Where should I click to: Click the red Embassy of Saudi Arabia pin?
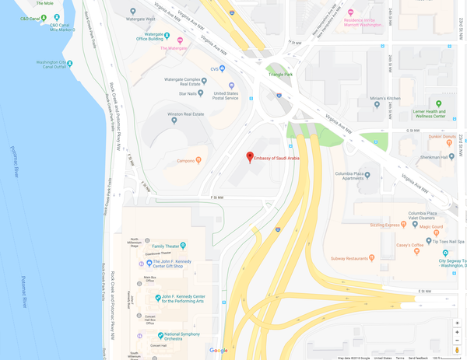(x=250, y=157)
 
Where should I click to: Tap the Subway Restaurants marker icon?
(x=372, y=257)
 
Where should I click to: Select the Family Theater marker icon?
(x=182, y=245)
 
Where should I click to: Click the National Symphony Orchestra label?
(x=184, y=336)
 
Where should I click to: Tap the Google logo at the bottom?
(x=219, y=351)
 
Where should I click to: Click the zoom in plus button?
(x=457, y=332)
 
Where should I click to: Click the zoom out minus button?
(x=457, y=341)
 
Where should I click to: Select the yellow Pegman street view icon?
(x=457, y=351)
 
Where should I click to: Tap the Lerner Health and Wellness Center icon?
(x=439, y=103)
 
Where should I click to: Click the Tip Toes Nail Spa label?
(x=437, y=240)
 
